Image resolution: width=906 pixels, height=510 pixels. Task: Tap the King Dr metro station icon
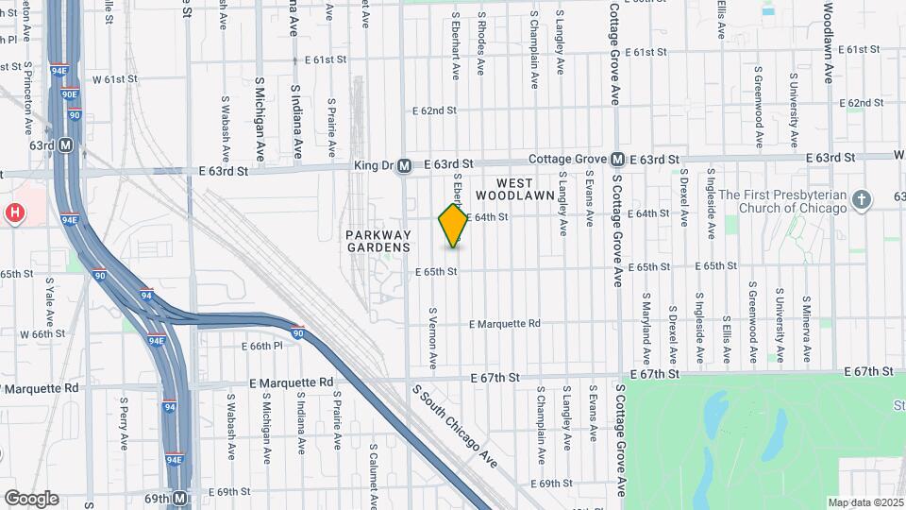point(403,166)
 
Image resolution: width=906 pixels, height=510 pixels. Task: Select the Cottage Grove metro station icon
point(617,160)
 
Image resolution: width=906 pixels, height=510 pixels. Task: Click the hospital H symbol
point(15,213)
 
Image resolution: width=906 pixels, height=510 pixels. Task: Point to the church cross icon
point(860,200)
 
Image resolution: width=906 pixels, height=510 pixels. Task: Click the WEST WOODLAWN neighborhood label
point(506,189)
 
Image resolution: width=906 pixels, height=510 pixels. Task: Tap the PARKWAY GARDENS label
point(377,241)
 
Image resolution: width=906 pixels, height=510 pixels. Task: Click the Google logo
point(30,499)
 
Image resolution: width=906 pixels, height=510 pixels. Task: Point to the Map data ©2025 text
point(865,502)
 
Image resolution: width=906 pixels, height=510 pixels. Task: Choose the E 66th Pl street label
point(266,347)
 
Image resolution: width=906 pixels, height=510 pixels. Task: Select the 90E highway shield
point(69,95)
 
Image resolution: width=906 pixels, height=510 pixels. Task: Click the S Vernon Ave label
point(433,337)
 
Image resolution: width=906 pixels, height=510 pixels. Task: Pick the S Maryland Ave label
point(647,327)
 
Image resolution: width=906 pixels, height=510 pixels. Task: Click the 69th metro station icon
point(179,498)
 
